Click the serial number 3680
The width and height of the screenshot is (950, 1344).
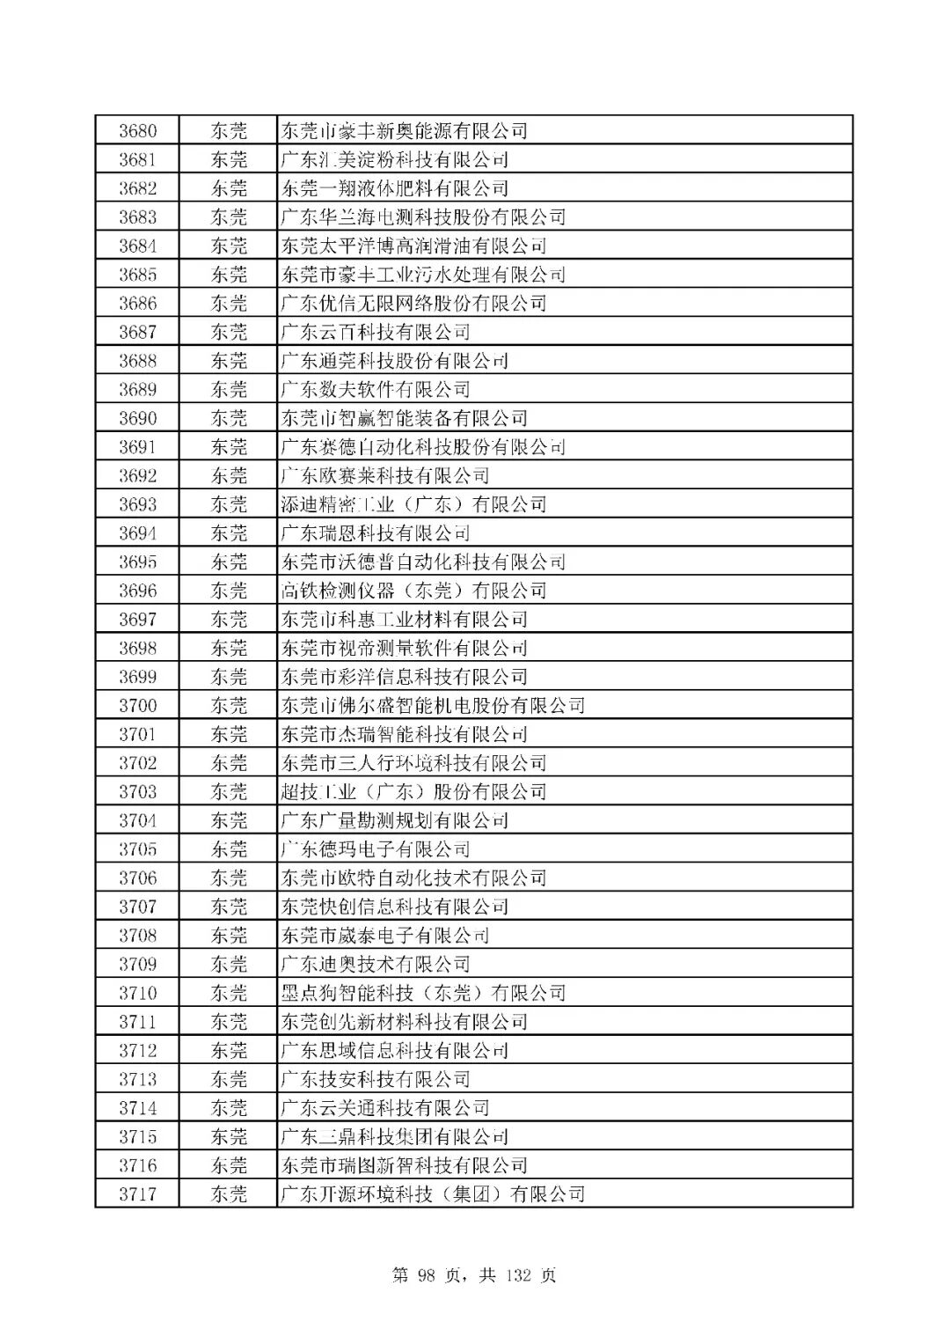(138, 131)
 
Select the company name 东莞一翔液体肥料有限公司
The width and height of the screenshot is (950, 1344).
(394, 188)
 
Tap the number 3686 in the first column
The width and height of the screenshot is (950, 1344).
(138, 304)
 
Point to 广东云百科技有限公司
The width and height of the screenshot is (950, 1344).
(375, 333)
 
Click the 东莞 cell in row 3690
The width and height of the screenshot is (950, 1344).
(229, 418)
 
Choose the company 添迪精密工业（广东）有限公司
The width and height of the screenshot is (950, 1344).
(413, 504)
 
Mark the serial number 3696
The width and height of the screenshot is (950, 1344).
(138, 591)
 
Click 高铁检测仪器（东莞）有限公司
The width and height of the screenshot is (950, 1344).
(413, 591)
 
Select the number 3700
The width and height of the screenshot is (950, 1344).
(138, 706)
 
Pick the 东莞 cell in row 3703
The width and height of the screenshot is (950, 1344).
(229, 792)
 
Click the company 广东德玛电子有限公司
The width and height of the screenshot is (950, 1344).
(375, 849)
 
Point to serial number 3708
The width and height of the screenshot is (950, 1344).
(138, 936)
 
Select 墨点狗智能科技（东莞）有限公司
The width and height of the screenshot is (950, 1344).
(423, 993)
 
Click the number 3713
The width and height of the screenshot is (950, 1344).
(138, 1079)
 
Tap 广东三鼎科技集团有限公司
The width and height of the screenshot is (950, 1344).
(394, 1137)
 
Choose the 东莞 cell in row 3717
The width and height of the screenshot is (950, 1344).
(229, 1194)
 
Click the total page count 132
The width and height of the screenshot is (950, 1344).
(517, 1275)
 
